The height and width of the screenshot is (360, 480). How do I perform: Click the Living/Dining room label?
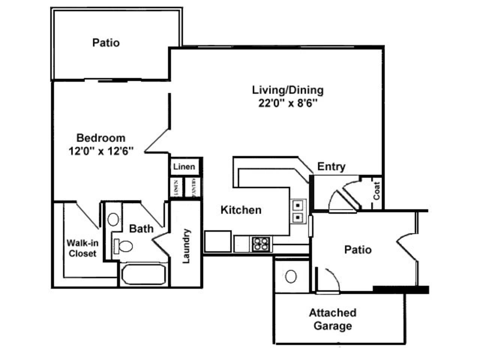click(288, 90)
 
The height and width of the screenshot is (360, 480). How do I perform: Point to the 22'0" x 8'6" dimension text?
click(288, 103)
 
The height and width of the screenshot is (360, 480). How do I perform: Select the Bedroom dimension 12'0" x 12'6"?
click(101, 151)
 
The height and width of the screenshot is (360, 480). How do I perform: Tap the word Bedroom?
click(101, 138)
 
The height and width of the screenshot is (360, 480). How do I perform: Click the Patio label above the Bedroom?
click(106, 42)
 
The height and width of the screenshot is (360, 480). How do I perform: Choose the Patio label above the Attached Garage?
click(358, 250)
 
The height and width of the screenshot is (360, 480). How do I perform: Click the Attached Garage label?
click(333, 319)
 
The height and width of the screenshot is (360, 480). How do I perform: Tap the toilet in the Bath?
click(124, 246)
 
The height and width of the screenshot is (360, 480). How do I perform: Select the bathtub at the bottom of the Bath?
click(143, 274)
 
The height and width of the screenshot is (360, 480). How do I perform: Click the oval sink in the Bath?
click(113, 219)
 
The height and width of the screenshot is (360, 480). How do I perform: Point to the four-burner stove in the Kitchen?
click(261, 244)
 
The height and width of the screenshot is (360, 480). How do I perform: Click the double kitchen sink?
click(298, 211)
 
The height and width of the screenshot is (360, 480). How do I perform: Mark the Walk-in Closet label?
click(82, 248)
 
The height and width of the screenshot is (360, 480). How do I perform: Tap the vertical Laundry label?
click(186, 246)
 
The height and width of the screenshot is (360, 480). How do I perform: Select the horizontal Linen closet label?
click(184, 166)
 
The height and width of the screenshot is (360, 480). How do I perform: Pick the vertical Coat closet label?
click(376, 191)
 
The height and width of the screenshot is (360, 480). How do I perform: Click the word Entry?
click(331, 166)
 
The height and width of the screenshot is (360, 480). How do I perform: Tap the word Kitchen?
click(241, 210)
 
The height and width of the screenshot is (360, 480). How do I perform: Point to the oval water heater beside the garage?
click(291, 276)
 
